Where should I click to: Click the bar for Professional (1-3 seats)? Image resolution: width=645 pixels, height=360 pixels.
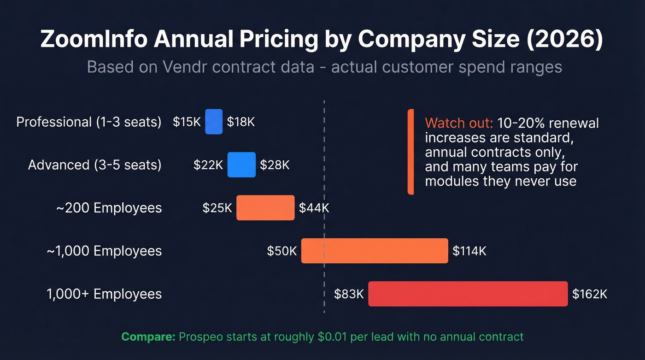214,122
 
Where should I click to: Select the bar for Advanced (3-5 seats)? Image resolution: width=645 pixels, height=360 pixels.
241,165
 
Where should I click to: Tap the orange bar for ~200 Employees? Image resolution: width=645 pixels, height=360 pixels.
265,208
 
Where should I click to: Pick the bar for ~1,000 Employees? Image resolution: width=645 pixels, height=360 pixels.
375,251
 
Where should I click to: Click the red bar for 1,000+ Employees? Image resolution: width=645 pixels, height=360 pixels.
468,294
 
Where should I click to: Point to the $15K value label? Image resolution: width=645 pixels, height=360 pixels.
187,122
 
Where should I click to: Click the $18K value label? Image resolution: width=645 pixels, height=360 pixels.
241,122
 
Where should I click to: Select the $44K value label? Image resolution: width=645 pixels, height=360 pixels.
314,208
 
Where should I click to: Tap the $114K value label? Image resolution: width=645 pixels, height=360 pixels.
469,251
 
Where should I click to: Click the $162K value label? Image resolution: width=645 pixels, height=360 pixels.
590,294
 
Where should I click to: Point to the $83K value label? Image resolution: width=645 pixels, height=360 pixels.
349,294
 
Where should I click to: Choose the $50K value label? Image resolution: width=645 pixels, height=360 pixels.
282,251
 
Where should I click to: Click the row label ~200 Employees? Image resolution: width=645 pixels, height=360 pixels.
109,208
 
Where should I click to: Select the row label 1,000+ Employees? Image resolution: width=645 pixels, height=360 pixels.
104,294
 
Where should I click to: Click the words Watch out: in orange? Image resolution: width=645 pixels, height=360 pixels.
459,124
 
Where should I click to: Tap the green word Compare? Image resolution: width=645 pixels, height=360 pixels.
148,336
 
